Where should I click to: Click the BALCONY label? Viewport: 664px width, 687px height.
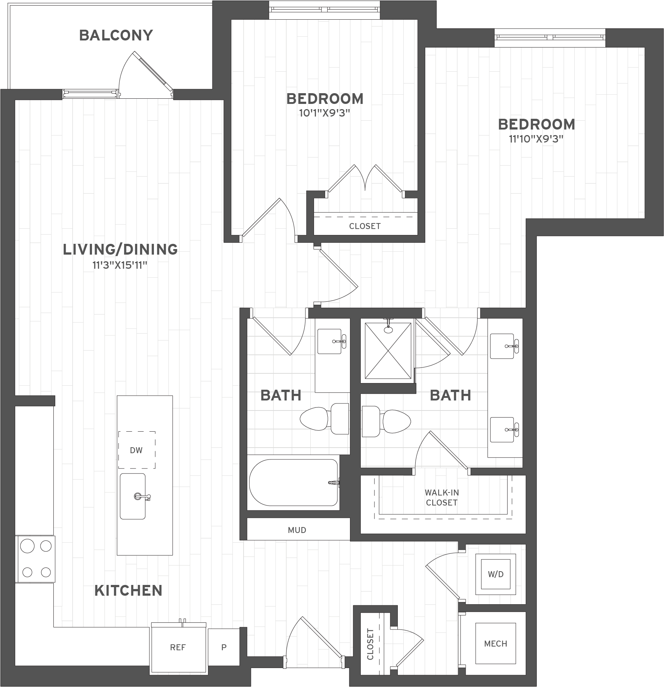click(x=116, y=36)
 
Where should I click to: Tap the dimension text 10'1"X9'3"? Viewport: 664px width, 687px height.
click(x=325, y=113)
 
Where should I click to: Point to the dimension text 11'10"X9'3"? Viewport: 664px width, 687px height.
click(x=536, y=139)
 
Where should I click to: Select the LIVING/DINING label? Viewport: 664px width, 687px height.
click(x=120, y=249)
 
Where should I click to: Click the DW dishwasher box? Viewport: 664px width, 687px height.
click(x=136, y=450)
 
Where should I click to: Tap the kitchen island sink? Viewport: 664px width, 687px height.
click(x=133, y=496)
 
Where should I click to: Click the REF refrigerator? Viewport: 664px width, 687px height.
click(x=178, y=648)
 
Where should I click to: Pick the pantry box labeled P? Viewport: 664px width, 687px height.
click(x=224, y=648)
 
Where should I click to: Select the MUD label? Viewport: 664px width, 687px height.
click(x=297, y=530)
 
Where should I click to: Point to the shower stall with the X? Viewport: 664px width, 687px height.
click(x=388, y=351)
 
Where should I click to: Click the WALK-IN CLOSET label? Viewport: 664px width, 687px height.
click(x=442, y=497)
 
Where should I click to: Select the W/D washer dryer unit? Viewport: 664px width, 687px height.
click(x=496, y=574)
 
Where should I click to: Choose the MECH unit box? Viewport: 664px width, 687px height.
click(x=496, y=644)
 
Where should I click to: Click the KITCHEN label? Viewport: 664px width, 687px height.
click(x=128, y=591)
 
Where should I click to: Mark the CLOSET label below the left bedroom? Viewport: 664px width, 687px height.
click(x=365, y=226)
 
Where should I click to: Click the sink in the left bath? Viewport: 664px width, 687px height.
click(x=330, y=341)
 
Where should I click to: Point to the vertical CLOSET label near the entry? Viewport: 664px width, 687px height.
click(x=370, y=644)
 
